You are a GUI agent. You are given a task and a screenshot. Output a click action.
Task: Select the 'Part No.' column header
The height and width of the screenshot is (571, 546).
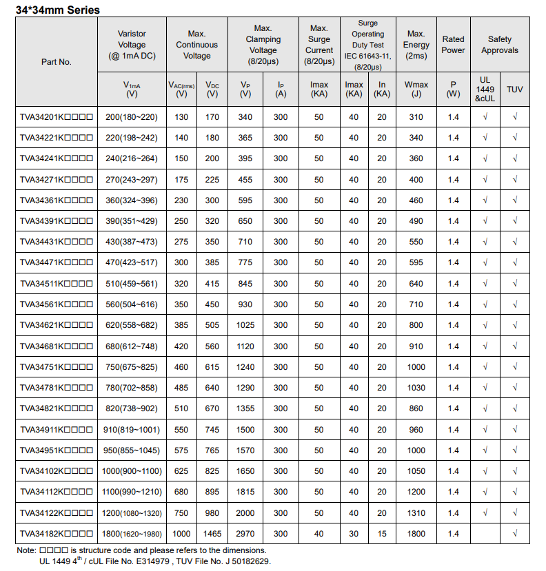[x=57, y=62]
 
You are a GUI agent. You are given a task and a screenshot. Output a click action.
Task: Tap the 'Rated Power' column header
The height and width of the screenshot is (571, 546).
[x=453, y=45]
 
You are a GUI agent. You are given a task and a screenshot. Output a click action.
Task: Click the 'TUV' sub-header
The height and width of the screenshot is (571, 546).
[x=515, y=90]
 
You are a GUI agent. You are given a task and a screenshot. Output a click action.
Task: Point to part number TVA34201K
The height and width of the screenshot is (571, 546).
[x=56, y=117]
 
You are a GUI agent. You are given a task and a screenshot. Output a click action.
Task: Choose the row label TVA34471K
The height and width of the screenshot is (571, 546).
[x=56, y=262]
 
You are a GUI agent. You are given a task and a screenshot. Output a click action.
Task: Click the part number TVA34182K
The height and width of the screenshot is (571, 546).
[x=56, y=534]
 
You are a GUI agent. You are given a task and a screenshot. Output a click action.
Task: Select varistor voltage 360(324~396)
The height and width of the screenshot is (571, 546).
[x=132, y=200]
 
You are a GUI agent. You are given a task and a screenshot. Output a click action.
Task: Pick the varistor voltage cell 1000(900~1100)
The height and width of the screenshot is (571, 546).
[x=132, y=471]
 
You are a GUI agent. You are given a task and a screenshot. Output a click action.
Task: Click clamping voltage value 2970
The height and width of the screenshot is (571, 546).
[x=245, y=534]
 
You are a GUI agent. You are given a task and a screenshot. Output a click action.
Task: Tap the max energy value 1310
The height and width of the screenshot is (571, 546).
[x=416, y=513]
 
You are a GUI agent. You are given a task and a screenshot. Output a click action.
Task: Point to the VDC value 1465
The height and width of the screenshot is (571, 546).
[x=212, y=534]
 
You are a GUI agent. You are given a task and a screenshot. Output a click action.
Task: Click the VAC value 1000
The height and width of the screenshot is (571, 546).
[x=181, y=534]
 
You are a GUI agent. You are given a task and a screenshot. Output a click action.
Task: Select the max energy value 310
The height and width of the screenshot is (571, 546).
[x=416, y=117]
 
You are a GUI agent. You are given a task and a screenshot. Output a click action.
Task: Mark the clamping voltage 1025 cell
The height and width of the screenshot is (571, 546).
[x=245, y=325]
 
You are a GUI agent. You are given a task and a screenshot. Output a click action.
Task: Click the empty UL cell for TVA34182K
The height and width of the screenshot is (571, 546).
[x=485, y=534]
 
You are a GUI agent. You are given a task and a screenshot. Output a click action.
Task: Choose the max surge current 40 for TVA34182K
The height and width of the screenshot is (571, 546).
[x=318, y=534]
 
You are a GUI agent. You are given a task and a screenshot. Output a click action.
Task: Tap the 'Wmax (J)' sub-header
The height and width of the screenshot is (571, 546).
[x=416, y=90]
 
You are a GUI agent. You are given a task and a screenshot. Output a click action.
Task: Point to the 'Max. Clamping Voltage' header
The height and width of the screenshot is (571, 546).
[x=263, y=45]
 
